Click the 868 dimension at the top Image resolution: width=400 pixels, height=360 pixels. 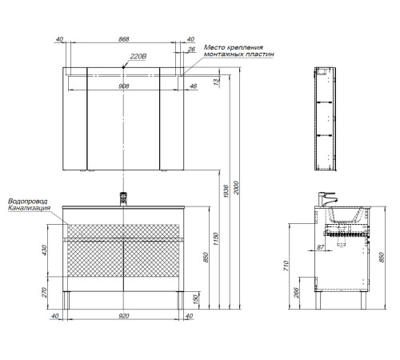pos(124,39)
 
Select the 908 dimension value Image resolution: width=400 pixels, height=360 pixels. pos(124,86)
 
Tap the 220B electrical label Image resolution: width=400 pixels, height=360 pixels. pos(138,57)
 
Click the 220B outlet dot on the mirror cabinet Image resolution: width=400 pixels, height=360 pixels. pos(123,67)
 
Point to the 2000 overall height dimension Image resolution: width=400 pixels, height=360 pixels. pos(236,188)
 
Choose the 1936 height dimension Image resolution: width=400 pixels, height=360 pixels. pos(226,191)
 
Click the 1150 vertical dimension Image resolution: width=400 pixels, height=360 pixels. pos(216,239)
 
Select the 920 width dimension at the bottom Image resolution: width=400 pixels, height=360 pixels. pos(124,316)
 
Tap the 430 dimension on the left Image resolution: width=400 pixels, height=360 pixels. pos(44,250)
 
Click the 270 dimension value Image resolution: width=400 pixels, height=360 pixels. pos(44,293)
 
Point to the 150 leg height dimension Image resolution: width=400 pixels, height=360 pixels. pos(195,299)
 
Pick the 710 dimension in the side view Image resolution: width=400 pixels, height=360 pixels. pos(286,266)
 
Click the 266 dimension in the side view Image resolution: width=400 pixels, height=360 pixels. pos(296,293)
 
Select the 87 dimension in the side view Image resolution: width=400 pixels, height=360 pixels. pos(320,247)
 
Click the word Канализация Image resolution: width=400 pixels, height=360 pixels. pos(30,208)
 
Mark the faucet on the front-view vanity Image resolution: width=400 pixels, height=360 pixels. pos(123,199)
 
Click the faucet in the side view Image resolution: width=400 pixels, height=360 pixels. pos(327,199)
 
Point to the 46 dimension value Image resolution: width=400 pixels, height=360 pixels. pos(194,86)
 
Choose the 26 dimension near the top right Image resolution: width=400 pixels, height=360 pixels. pos(191,49)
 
